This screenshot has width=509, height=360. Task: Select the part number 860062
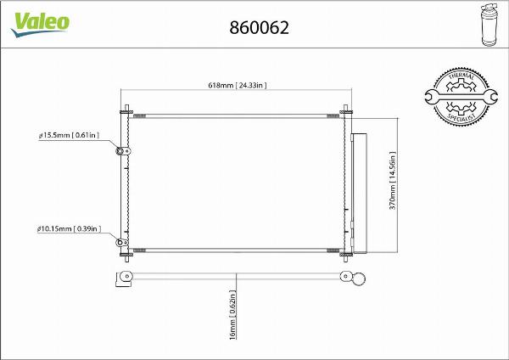click(x=260, y=27)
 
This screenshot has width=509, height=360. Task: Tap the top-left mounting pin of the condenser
click(x=126, y=111)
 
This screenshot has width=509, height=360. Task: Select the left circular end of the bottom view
click(x=127, y=278)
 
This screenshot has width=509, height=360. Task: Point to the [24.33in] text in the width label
click(x=251, y=85)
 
